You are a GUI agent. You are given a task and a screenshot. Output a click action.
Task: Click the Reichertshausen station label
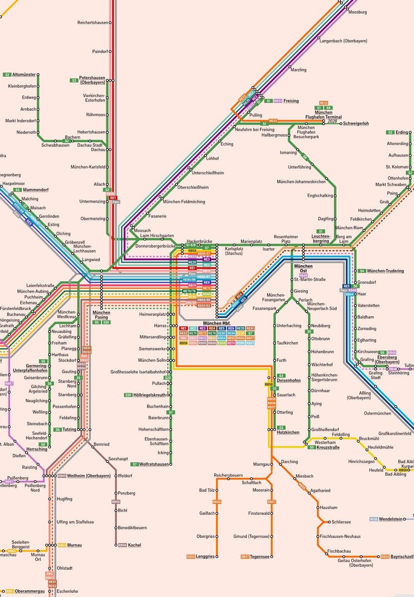coord(93,23)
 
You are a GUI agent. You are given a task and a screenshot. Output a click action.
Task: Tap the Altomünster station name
coord(24,74)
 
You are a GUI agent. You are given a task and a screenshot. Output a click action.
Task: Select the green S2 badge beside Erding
coord(390,132)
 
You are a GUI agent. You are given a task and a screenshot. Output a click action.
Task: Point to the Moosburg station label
coord(357,12)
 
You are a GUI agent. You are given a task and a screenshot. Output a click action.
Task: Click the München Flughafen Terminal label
coord(323,115)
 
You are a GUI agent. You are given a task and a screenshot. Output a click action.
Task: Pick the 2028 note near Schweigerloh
coord(332,121)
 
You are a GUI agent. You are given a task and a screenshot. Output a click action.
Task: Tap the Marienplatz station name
coord(251,242)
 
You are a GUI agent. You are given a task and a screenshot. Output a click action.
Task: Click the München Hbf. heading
coord(217,323)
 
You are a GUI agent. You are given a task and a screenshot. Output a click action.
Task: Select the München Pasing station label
coord(101,315)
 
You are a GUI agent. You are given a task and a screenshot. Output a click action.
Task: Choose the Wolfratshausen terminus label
coord(154,464)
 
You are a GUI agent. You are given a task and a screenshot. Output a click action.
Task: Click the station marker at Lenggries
coord(217,556)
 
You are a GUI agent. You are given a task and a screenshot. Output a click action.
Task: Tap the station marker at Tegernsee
coord(271,556)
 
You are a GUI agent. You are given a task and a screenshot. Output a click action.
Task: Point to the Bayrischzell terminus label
coord(402,556)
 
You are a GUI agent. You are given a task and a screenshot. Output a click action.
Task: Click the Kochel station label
coord(134,545)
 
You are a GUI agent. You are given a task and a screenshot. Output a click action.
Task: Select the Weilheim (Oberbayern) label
coord(89,476)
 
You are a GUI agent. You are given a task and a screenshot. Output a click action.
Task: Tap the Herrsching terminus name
coord(37,449)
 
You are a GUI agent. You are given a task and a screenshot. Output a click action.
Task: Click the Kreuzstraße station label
coord(328,447)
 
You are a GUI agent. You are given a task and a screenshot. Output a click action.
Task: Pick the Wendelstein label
coord(391,519)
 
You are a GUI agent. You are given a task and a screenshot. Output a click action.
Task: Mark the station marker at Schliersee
coord(329,522)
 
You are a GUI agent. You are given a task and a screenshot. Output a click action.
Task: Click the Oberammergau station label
coord(30,591)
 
